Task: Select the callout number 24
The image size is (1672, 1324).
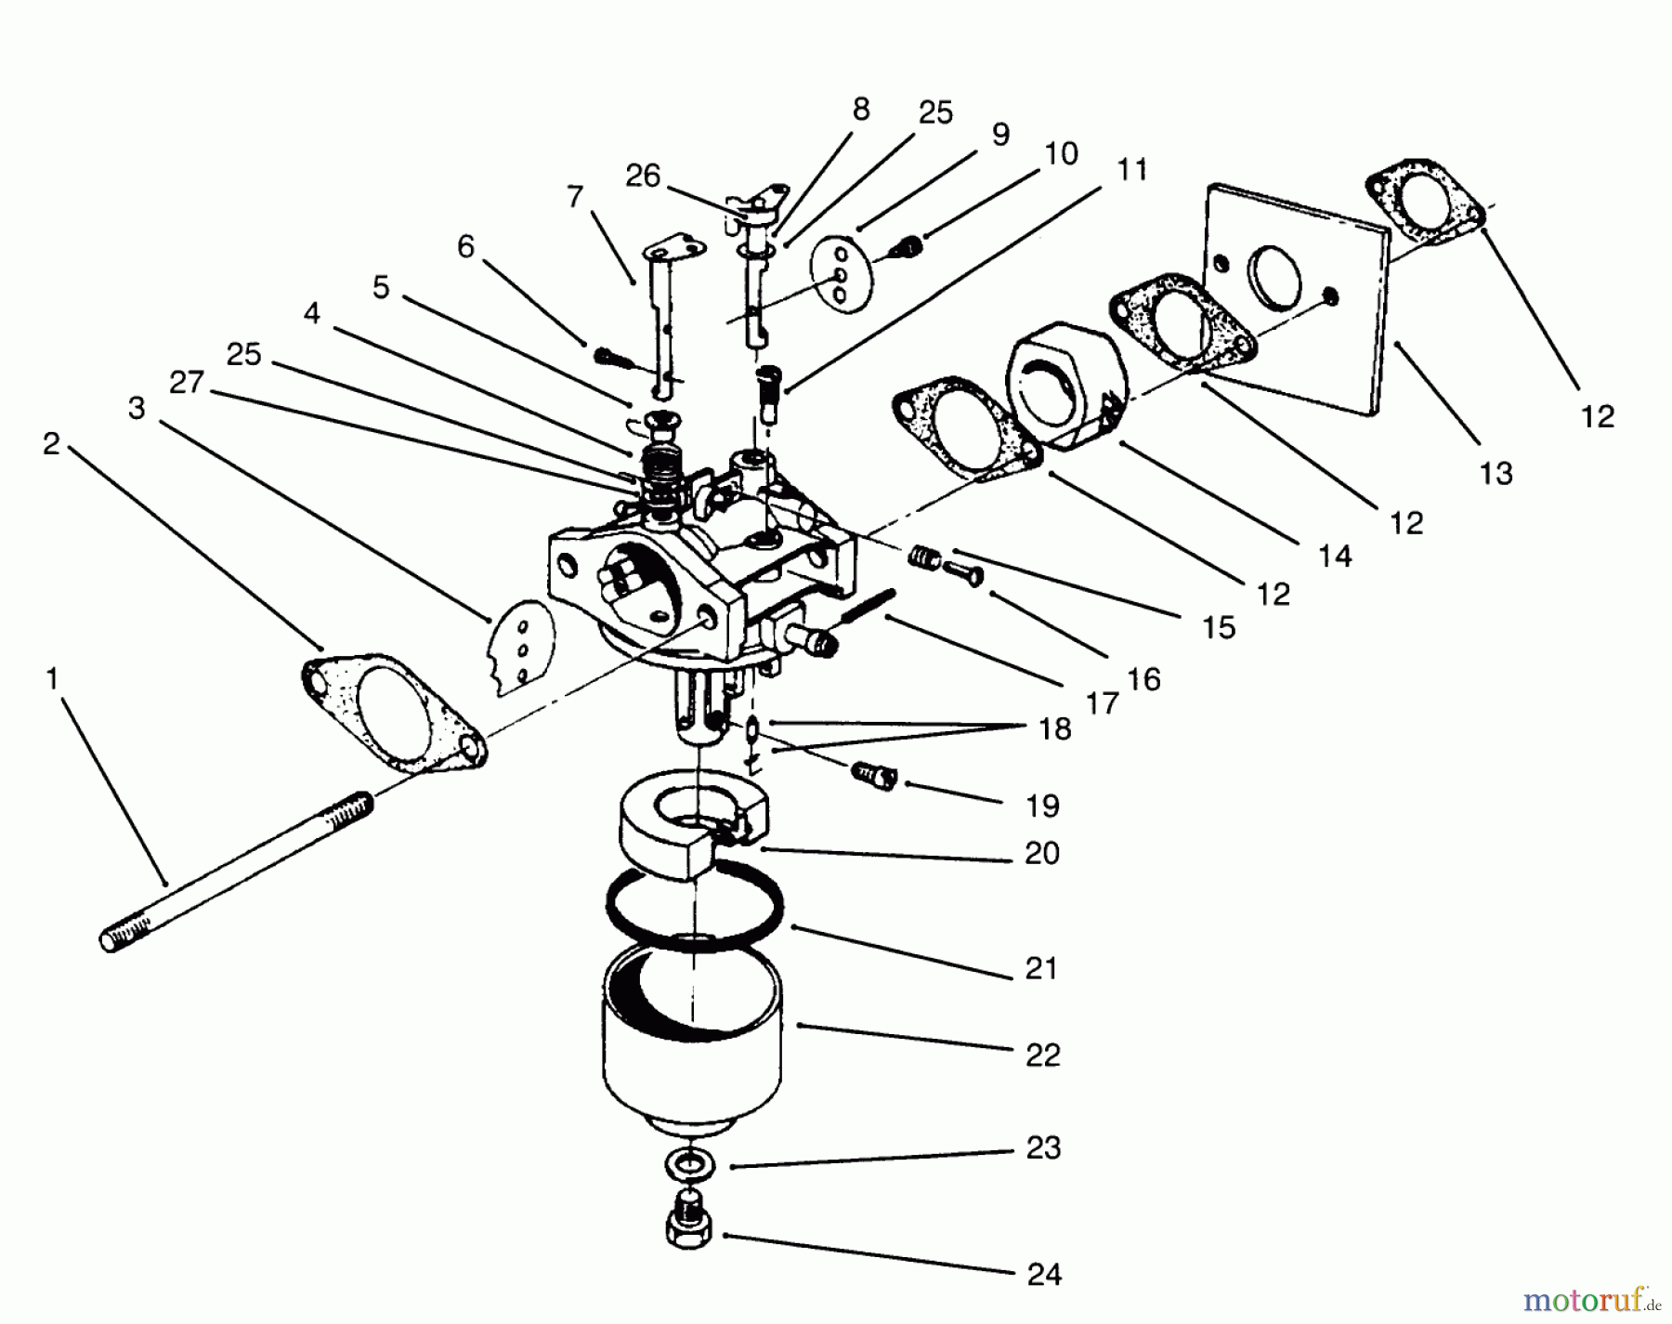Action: coord(1044,1274)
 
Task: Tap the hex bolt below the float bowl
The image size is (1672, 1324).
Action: coord(690,1225)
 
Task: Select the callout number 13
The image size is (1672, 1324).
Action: coord(1496,474)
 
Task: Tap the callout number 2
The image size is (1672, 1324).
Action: coord(51,443)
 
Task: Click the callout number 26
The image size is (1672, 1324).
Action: coord(643,176)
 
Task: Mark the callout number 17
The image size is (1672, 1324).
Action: coord(1102,703)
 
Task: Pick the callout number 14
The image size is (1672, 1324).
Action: coord(1335,556)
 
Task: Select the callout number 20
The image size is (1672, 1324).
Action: coord(1042,852)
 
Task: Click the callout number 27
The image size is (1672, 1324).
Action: coord(187,382)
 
